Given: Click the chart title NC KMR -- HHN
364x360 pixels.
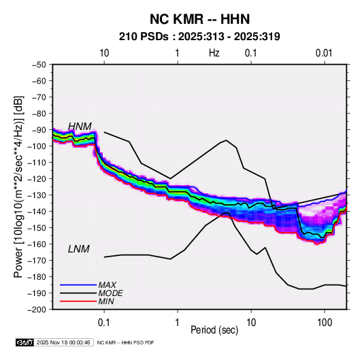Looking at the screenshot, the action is coord(199,19).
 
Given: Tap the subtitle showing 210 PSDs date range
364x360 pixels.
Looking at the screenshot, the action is coord(199,37).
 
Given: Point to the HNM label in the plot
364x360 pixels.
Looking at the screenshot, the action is coord(80,127).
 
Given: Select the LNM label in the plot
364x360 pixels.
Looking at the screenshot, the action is coord(79,249).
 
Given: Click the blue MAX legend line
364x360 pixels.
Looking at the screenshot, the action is coord(78,285).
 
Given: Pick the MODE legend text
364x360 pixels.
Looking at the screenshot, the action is coord(110,293).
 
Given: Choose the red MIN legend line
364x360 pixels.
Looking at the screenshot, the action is coord(78,301).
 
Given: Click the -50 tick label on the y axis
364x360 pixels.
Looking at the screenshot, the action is coord(39,65).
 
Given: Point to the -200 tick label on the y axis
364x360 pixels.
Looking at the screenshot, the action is coord(37,310).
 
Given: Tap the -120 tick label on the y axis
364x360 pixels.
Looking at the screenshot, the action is coord(37,179).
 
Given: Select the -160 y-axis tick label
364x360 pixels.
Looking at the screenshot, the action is coord(37,244).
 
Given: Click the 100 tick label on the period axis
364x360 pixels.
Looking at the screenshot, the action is coord(325,323).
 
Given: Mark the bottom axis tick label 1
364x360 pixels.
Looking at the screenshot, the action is coord(178,323).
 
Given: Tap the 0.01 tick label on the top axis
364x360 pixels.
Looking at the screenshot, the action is coord(324,53).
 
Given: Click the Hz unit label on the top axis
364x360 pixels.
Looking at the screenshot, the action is coord(214,53).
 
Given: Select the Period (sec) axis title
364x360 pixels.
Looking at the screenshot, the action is coord(214,330).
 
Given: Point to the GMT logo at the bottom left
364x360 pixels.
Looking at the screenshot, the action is coord(25,342).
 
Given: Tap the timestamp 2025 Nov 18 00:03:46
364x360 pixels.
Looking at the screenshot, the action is coord(63,342).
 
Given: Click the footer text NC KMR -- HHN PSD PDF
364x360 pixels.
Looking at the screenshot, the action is coord(125,342).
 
